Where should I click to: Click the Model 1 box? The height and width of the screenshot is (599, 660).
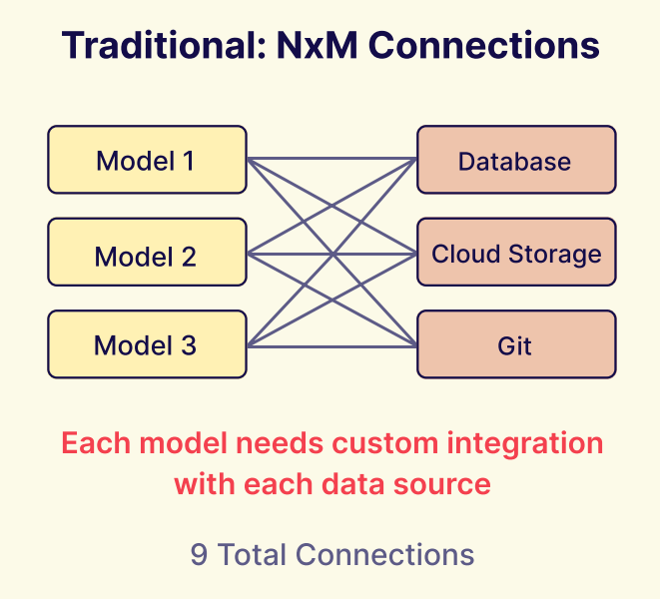pos(147,160)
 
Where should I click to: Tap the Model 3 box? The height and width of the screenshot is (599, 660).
pos(147,344)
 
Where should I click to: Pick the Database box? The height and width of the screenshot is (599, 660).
pos(515,160)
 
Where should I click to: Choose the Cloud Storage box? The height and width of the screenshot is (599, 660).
pos(515,253)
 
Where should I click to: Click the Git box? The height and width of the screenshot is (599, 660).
pos(515,344)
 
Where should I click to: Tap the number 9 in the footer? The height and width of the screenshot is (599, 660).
pos(199,555)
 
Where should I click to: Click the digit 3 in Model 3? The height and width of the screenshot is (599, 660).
pos(188,345)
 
